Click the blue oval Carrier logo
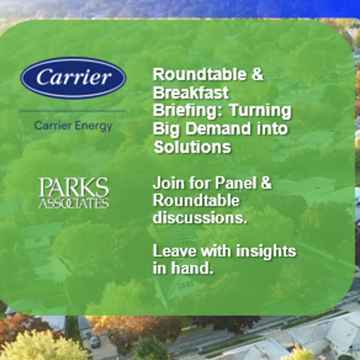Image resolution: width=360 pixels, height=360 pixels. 73,77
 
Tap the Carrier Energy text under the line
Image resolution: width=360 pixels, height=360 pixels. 73,126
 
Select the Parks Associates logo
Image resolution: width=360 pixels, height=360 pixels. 73,193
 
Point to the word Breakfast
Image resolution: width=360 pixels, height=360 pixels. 191,93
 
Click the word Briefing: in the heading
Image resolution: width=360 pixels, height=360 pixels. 184,111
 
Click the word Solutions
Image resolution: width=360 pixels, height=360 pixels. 192,147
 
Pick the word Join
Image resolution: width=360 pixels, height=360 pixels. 166,183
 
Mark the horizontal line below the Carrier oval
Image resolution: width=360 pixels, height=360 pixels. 73,111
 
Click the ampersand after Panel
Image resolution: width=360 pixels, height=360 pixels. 266,183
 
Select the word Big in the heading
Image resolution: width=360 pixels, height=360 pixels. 164,129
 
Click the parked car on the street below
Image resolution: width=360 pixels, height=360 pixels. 94,342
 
